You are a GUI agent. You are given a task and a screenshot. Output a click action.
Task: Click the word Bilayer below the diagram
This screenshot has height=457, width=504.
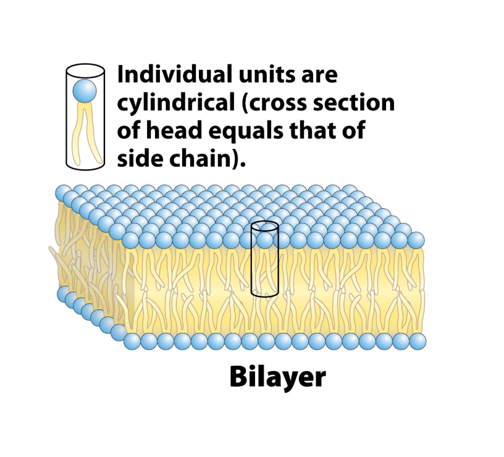click(277, 378)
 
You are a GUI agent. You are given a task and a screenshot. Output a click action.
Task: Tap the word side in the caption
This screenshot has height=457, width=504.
click(140, 158)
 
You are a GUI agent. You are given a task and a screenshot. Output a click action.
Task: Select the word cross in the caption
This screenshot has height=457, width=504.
click(283, 103)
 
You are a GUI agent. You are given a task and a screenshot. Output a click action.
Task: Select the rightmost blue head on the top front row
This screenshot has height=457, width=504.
click(416, 240)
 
